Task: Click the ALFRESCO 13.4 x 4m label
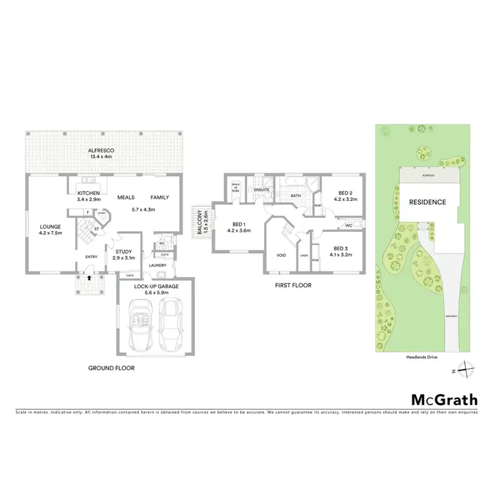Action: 101,155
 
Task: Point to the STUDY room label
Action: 124,254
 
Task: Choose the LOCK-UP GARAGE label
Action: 156,287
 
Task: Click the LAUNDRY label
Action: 157,265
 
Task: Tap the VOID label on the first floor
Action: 280,255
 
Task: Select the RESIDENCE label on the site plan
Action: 428,202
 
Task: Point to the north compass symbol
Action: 465,370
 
